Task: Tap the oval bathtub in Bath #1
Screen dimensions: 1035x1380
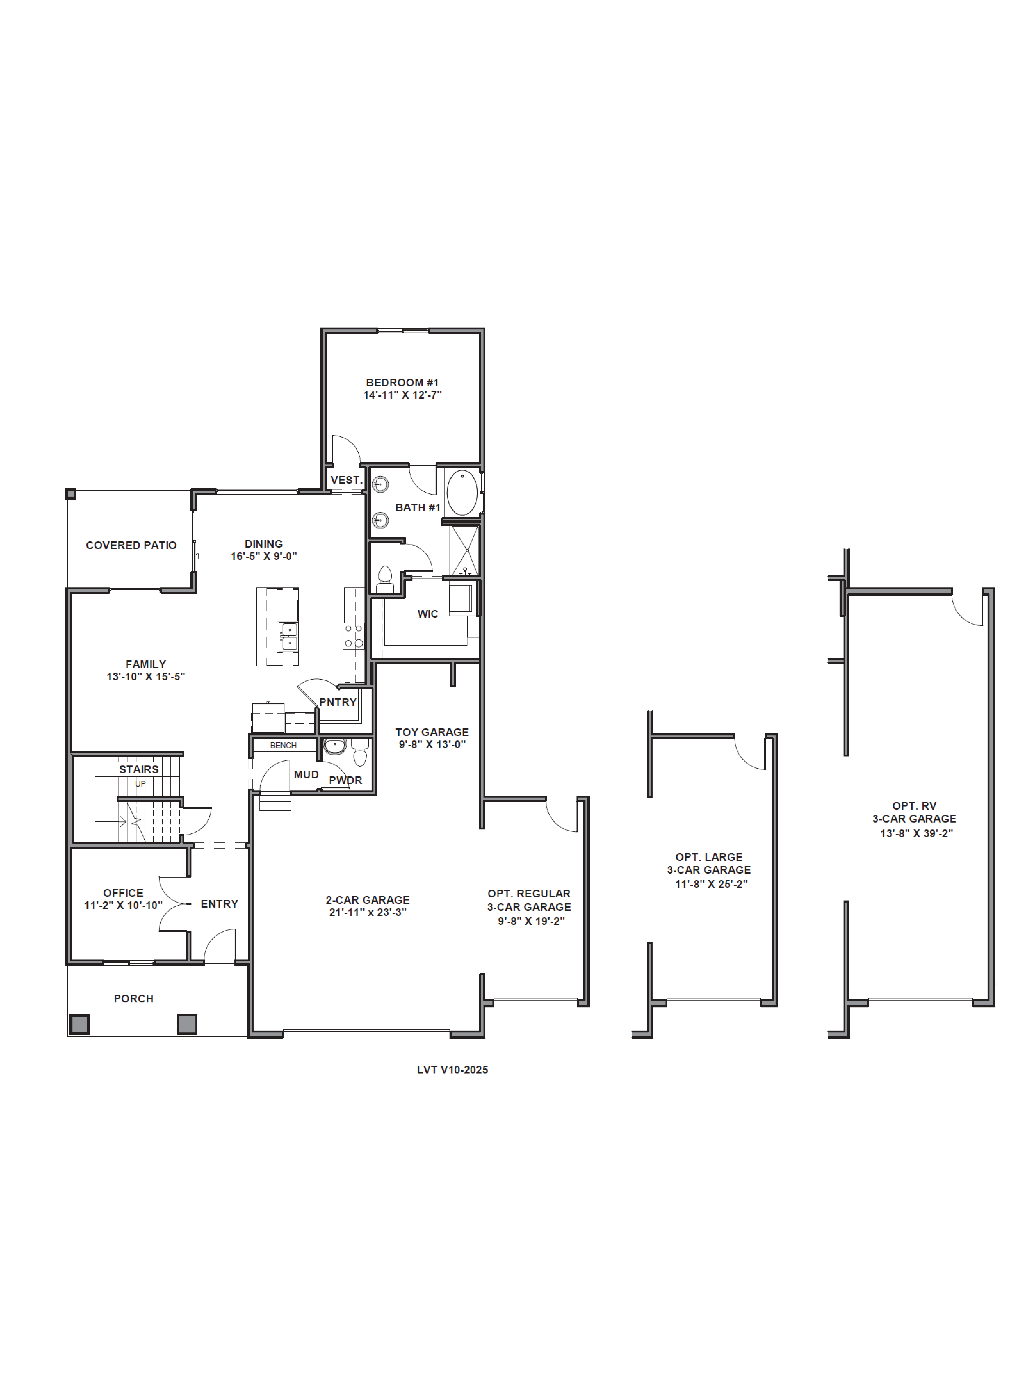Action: pyautogui.click(x=462, y=493)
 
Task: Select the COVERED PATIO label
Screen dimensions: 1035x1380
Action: pyautogui.click(x=131, y=545)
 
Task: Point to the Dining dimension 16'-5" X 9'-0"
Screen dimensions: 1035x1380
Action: pyautogui.click(x=264, y=556)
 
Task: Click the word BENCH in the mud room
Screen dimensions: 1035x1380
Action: pyautogui.click(x=283, y=745)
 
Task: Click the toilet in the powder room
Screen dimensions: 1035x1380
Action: pyautogui.click(x=360, y=752)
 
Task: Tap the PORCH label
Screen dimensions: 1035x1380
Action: pyautogui.click(x=134, y=999)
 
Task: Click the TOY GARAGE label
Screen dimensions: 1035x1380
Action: pyautogui.click(x=432, y=732)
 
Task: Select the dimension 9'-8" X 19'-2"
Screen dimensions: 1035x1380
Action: pyautogui.click(x=531, y=921)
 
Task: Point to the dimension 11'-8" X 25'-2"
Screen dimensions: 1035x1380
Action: pyautogui.click(x=711, y=884)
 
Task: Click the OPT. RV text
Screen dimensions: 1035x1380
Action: pyautogui.click(x=914, y=806)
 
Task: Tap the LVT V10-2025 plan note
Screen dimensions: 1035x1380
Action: pyautogui.click(x=452, y=1070)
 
